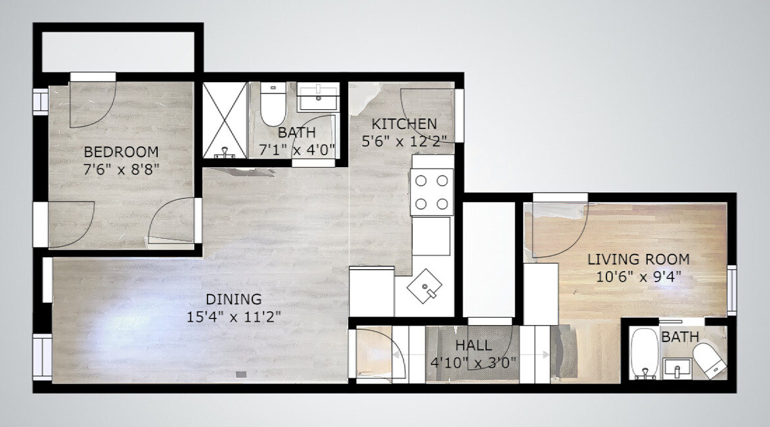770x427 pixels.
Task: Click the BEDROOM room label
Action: [x=120, y=151]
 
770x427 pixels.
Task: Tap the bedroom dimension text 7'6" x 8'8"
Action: [x=122, y=168]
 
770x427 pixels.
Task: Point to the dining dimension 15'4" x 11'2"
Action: [x=233, y=316]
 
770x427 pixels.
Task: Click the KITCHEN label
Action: [x=404, y=124]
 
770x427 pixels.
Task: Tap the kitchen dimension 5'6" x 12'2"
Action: [x=404, y=140]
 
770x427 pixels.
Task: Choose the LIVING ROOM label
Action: [x=638, y=259]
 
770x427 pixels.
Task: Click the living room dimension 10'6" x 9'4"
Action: [x=638, y=276]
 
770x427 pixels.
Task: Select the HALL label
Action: [x=473, y=345]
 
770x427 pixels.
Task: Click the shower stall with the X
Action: [x=224, y=120]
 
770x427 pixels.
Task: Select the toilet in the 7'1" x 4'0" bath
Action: [x=271, y=105]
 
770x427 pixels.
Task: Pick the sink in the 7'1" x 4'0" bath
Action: [x=318, y=97]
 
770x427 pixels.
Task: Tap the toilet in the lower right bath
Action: [x=708, y=360]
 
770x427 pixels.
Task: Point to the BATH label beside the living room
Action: [x=680, y=338]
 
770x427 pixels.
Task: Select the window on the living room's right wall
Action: [x=732, y=288]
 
